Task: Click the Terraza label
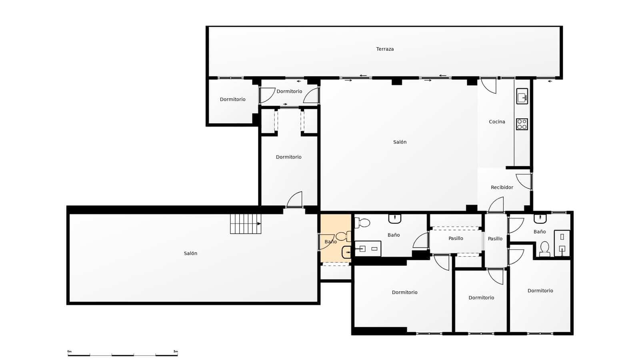pyautogui.click(x=385, y=49)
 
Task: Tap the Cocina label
pyautogui.click(x=497, y=122)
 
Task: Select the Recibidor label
pyautogui.click(x=502, y=187)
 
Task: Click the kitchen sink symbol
pyautogui.click(x=522, y=96)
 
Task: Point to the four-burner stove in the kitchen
pyautogui.click(x=522, y=124)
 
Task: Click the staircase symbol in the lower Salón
pyautogui.click(x=245, y=224)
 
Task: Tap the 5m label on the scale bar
pyautogui.click(x=176, y=351)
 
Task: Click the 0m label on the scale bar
pyautogui.click(x=69, y=351)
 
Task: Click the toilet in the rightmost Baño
pyautogui.click(x=544, y=248)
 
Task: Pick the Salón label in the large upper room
pyautogui.click(x=400, y=142)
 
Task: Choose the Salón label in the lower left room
pyautogui.click(x=190, y=253)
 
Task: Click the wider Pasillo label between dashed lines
pyautogui.click(x=456, y=238)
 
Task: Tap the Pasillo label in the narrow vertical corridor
pyautogui.click(x=495, y=239)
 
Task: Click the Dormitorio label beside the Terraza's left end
pyautogui.click(x=232, y=99)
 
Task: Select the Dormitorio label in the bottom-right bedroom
pyautogui.click(x=540, y=291)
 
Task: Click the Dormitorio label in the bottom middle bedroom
pyautogui.click(x=481, y=298)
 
